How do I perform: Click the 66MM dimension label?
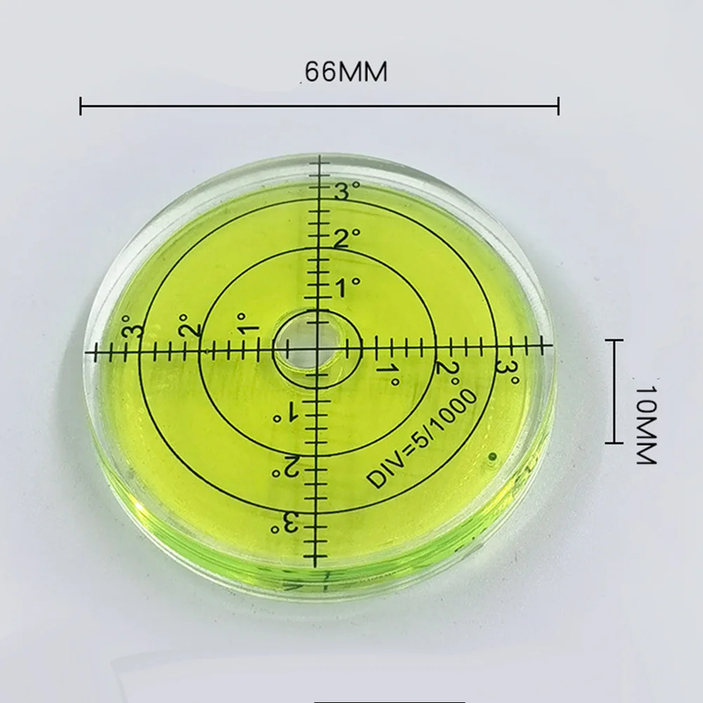(346, 72)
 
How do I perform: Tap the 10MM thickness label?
(645, 425)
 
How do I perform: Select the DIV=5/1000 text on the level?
(421, 439)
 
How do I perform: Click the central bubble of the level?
(317, 348)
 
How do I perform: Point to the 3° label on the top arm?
(346, 192)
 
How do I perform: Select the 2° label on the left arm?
(190, 326)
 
